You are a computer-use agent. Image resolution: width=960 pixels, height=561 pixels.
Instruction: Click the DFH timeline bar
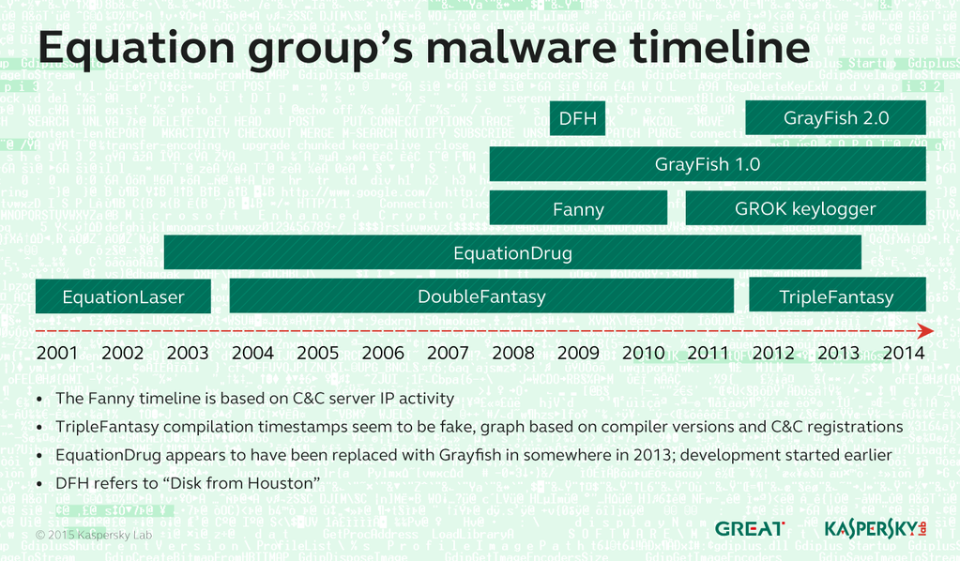click(577, 118)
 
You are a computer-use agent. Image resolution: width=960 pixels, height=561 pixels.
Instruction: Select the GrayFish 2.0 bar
click(835, 118)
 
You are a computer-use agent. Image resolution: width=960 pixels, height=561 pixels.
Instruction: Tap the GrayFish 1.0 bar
click(708, 164)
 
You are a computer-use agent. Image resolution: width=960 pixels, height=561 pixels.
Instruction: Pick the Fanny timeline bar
click(578, 208)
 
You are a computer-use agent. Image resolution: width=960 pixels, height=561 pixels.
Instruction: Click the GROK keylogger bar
click(805, 208)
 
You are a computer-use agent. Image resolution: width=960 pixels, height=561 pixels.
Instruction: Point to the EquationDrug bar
click(512, 252)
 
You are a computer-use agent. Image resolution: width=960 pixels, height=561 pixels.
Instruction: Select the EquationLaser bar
click(123, 296)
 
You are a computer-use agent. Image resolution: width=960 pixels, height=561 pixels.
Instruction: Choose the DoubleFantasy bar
click(481, 296)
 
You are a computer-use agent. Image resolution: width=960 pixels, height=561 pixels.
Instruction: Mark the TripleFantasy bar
click(836, 296)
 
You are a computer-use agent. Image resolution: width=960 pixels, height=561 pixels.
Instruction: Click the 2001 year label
click(57, 353)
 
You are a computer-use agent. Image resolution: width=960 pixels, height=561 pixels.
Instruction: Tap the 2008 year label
click(513, 353)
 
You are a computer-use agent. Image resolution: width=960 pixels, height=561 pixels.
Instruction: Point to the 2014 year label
click(903, 353)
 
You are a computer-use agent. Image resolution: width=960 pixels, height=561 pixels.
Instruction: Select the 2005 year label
click(318, 353)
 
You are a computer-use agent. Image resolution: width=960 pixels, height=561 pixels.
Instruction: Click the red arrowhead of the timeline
click(925, 331)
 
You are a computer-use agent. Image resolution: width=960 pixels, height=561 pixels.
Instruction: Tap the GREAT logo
click(750, 529)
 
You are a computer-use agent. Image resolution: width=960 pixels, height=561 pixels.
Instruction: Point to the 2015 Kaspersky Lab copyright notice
click(93, 534)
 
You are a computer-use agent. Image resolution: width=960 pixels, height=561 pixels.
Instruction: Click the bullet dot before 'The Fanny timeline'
click(38, 399)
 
